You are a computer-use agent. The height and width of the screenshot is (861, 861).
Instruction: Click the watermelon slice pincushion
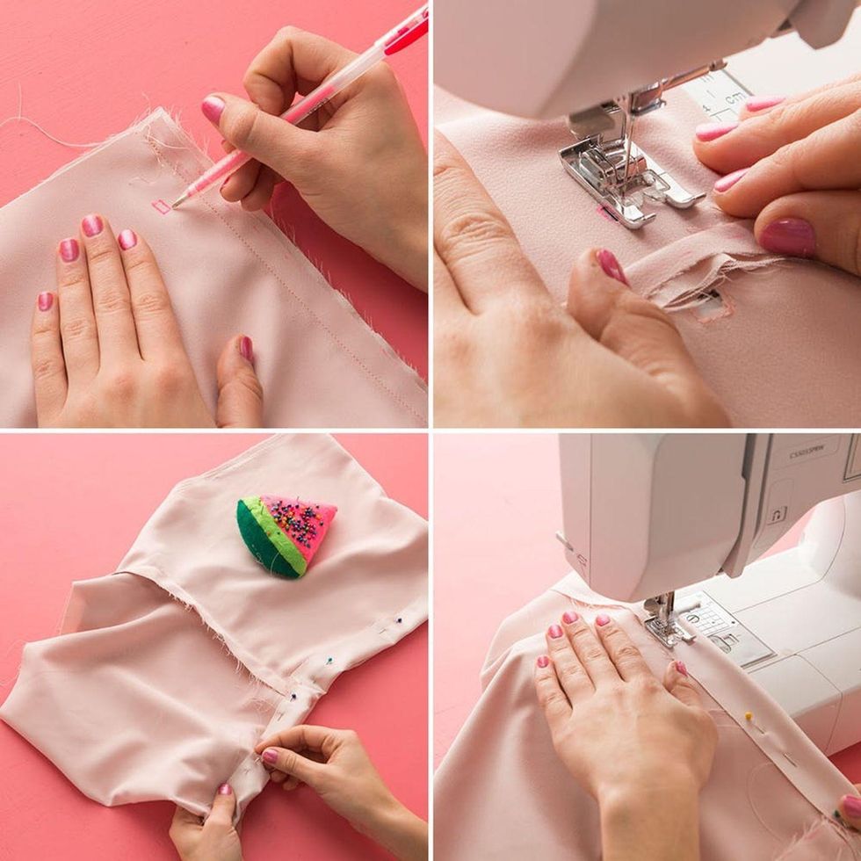pyautogui.click(x=286, y=534)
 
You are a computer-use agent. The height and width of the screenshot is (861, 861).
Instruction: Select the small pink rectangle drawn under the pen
pyautogui.click(x=161, y=207)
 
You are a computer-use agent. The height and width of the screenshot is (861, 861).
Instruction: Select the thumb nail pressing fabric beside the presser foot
pyautogui.click(x=611, y=265)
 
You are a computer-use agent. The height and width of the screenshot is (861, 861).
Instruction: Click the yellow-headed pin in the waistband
pyautogui.click(x=749, y=715)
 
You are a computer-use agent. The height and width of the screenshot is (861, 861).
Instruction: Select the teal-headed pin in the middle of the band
pyautogui.click(x=329, y=662)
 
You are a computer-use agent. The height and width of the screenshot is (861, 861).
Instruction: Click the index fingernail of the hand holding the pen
pyautogui.click(x=213, y=109)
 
